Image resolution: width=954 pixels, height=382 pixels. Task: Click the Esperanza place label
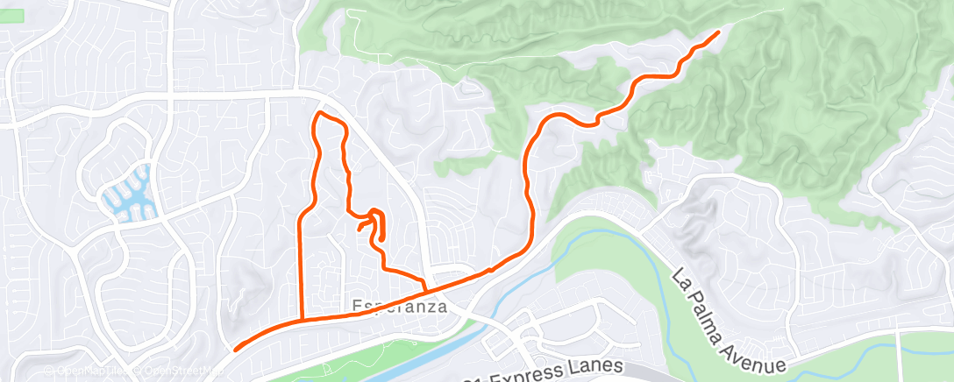400,308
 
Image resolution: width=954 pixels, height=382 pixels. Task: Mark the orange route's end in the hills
719,32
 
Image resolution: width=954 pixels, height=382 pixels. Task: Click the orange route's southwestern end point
236,350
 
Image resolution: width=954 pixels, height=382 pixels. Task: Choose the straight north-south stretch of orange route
303,263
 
